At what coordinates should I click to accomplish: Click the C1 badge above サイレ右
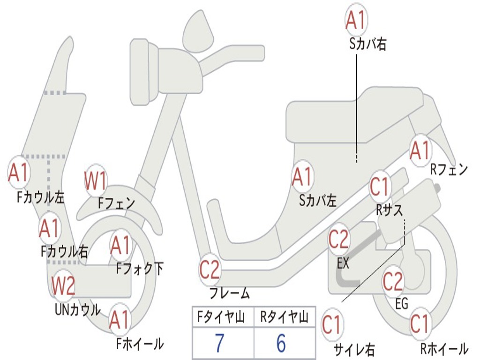[x=332, y=325]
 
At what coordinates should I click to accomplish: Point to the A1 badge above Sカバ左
[x=302, y=177]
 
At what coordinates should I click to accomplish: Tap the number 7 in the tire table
[x=219, y=344]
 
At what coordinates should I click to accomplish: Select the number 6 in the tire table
[x=281, y=344]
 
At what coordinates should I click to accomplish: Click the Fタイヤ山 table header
[x=220, y=318]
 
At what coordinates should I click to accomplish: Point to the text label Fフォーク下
[x=140, y=269]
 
